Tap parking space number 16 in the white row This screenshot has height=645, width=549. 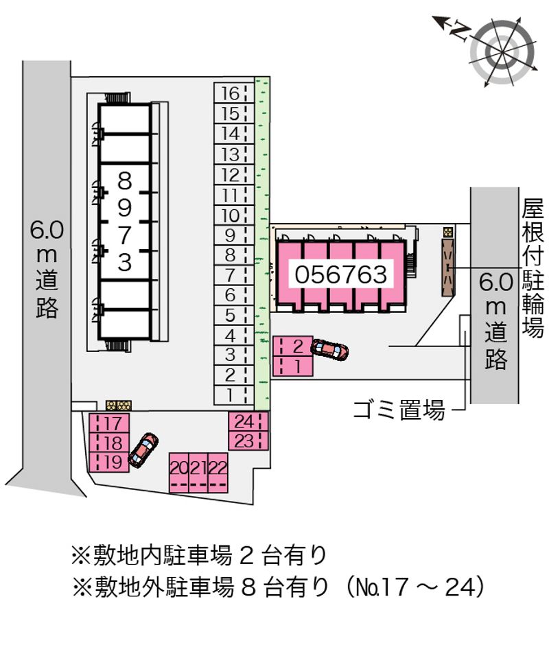pos(234,93)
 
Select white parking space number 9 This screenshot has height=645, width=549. pos(234,235)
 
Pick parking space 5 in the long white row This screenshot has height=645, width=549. pos(234,316)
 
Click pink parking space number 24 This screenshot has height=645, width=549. pos(248,421)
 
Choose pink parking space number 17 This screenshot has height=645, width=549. pos(110,423)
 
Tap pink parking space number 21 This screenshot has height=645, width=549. pos(198,473)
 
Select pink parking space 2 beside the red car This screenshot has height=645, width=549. pos(293,347)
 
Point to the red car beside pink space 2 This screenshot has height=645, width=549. pos(329,350)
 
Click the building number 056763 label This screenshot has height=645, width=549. pos(341,274)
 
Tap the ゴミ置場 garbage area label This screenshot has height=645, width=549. pos(399,410)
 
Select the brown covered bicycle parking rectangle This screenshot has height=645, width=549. pos(447,268)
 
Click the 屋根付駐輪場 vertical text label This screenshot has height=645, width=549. pos(533,269)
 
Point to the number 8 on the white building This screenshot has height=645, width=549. pos(124,181)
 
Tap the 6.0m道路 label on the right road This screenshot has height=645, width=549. pos(495,322)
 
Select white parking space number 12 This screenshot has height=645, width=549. pos(234,174)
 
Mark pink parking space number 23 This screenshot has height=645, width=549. pos(248,441)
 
